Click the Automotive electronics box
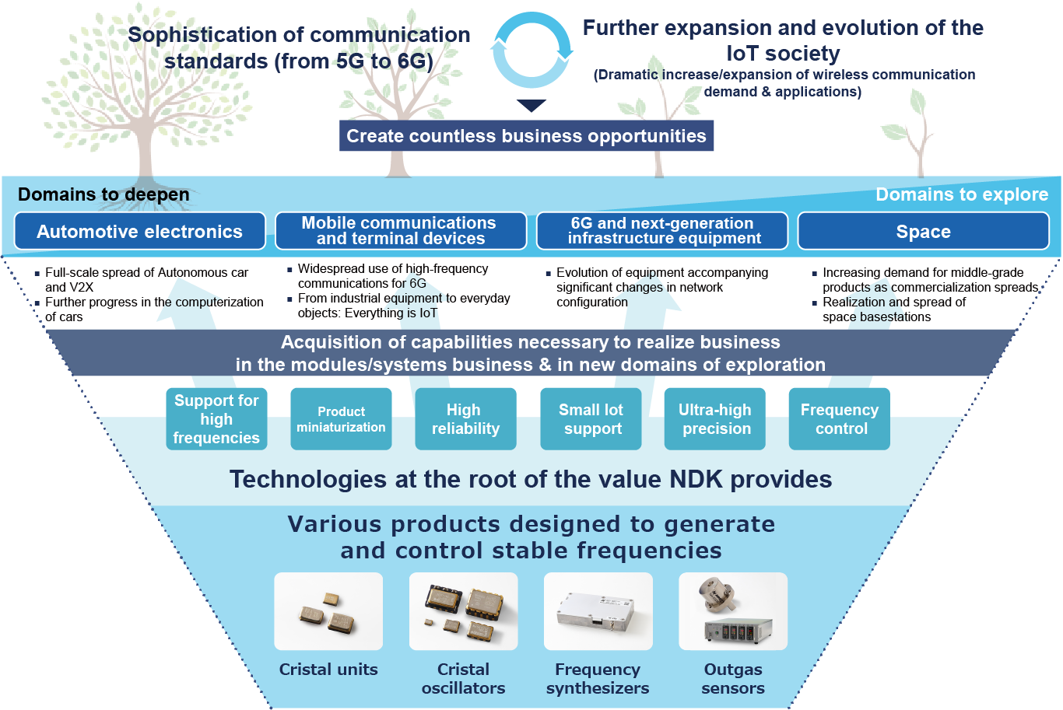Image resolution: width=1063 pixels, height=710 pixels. pyautogui.click(x=140, y=231)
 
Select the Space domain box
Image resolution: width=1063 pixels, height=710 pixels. pyautogui.click(x=923, y=231)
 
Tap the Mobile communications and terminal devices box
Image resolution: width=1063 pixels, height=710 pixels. pyautogui.click(x=401, y=231)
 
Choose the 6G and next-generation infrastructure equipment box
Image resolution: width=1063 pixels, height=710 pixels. pyautogui.click(x=662, y=231)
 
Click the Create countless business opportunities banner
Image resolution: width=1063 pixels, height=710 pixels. pyautogui.click(x=526, y=135)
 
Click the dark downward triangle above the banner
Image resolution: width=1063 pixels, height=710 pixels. pyautogui.click(x=531, y=105)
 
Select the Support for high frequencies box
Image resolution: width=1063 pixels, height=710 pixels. pyautogui.click(x=216, y=419)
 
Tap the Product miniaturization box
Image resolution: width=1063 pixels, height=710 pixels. pyautogui.click(x=341, y=419)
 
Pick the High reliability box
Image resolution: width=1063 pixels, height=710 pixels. pyautogui.click(x=465, y=419)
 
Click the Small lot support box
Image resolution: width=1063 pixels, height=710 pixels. pyautogui.click(x=591, y=419)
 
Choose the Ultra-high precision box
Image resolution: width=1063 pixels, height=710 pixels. pyautogui.click(x=714, y=419)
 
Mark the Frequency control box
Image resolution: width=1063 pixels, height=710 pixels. pyautogui.click(x=840, y=419)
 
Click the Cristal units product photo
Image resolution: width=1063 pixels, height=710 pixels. pyautogui.click(x=328, y=611)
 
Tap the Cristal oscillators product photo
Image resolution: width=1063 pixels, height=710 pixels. pyautogui.click(x=463, y=611)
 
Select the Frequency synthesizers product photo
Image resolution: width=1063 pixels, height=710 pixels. pyautogui.click(x=598, y=611)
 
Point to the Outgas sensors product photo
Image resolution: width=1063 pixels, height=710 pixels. pyautogui.click(x=733, y=611)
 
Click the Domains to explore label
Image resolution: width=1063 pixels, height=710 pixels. pyautogui.click(x=962, y=194)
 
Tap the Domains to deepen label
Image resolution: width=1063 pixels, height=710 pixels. pyautogui.click(x=103, y=194)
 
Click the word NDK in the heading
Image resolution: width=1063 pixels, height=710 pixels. pyautogui.click(x=696, y=479)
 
